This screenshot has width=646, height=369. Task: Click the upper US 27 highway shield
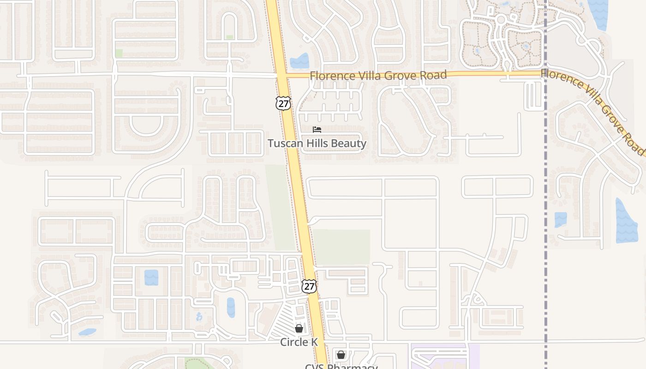283,103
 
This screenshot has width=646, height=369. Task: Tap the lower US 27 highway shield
309,286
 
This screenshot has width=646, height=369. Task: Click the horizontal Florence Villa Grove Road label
378,75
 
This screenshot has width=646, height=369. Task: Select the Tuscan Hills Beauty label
317,143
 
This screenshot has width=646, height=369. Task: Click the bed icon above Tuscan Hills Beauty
317,129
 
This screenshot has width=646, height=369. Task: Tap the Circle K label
299,342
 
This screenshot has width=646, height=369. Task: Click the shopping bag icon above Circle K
299,328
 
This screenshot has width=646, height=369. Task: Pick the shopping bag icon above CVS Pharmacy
341,355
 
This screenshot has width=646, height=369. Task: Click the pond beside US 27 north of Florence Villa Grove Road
300,61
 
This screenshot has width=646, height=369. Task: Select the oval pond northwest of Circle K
231,307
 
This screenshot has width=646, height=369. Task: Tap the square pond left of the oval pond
151,277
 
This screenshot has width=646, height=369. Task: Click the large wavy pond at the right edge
626,221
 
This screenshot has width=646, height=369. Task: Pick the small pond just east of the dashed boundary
560,220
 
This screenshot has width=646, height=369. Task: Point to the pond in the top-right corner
599,13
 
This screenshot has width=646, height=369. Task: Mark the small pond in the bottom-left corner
87,332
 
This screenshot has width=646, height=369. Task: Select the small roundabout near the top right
501,20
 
